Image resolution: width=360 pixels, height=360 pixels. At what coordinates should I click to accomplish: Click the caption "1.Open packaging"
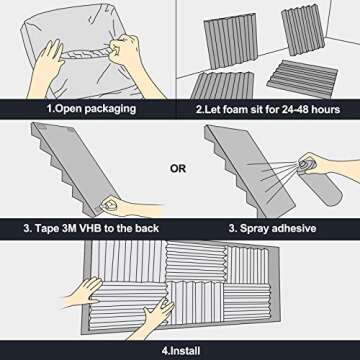(x=91, y=109)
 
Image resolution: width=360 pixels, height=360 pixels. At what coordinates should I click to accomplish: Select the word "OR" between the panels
(x=178, y=169)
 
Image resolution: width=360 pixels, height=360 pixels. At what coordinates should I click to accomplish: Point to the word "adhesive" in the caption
(x=294, y=228)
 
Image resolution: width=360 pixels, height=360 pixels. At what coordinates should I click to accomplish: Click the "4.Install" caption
(x=181, y=351)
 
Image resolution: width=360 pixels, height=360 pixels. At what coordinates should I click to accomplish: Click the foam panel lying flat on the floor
(x=302, y=79)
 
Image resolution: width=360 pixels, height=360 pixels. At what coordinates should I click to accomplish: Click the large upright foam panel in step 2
(x=231, y=41)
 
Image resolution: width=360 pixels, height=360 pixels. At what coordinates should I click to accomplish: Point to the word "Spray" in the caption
(x=254, y=229)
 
